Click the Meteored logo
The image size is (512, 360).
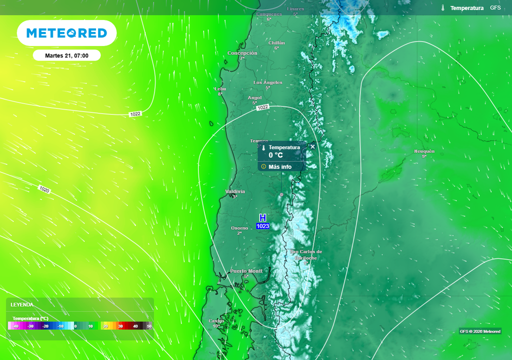pos(66,33)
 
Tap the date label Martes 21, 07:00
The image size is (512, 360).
pos(66,55)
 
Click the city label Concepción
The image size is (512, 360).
pos(242,53)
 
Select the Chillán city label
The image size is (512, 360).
pos(276,43)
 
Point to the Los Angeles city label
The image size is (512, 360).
pos(268,82)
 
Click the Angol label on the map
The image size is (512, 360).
pos(255,98)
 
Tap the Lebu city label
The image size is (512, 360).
pos(220,89)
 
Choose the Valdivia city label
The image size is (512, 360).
pos(235,191)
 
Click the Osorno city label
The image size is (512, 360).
pos(239,228)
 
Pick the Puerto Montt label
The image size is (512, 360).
pos(246,271)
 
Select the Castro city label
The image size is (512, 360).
pos(216,321)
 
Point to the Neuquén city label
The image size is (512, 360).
pos(424,151)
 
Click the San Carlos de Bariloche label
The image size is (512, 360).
pos(306,254)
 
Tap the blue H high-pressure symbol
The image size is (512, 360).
pos(262,217)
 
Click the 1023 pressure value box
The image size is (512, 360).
pos(262,226)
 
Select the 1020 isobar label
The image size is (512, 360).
pos(44,189)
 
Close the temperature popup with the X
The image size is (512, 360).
pos(312,146)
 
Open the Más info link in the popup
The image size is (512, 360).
pos(279,166)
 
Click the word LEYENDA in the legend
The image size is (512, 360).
pos(22,304)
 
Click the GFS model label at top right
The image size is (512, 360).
pos(495,8)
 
